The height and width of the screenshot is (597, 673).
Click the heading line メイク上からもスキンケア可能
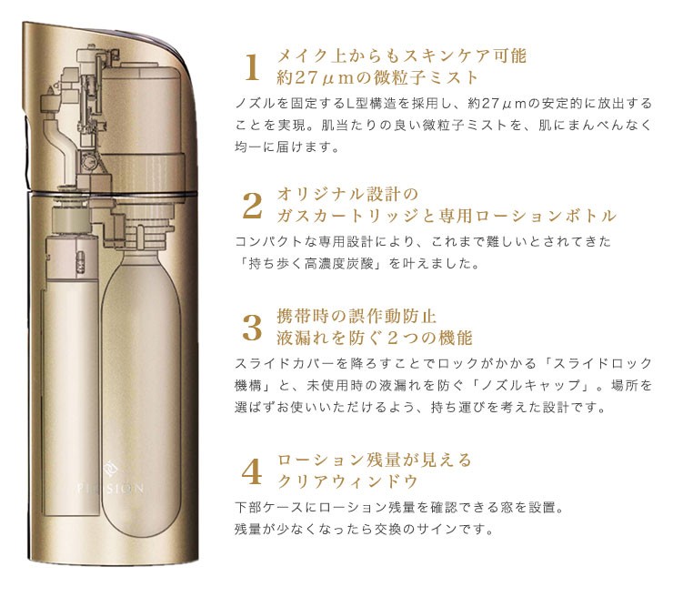click(401, 56)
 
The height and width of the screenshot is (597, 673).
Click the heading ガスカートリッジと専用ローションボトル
click(447, 217)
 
